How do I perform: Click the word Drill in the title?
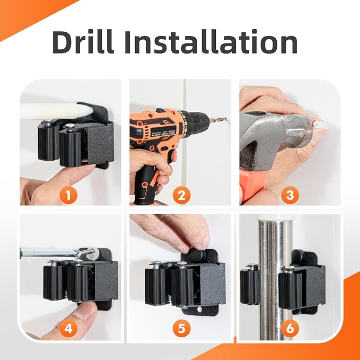[x=83, y=42]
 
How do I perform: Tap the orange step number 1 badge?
[x=68, y=196]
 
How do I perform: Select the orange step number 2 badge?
[x=181, y=196]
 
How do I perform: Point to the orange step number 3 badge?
[x=290, y=196]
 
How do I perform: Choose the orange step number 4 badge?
[x=68, y=328]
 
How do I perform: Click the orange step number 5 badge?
[x=181, y=328]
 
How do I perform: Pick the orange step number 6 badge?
[x=290, y=328]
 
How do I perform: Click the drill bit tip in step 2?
[x=226, y=119]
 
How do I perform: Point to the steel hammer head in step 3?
[x=276, y=138]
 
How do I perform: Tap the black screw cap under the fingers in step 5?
[x=197, y=254]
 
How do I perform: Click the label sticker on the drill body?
[x=163, y=133]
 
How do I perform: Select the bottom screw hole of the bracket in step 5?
[x=199, y=310]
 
